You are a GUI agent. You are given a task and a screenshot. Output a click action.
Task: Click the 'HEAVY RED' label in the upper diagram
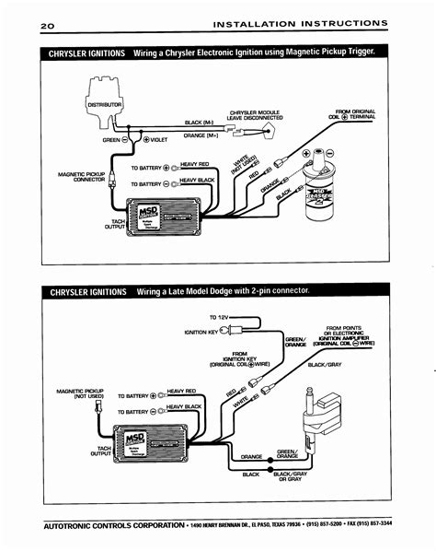[x=196, y=164]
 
